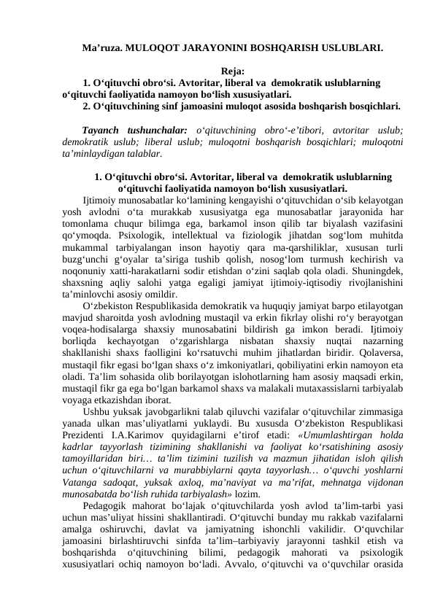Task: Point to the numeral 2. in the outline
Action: [88, 106]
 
